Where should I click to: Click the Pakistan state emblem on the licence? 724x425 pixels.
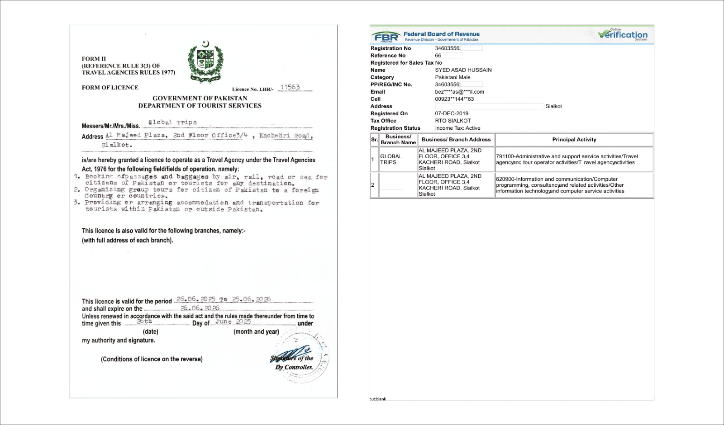(205, 62)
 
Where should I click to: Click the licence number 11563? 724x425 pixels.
(290, 87)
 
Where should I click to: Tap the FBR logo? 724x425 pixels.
(386, 37)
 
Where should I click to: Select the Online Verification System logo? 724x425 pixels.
(623, 34)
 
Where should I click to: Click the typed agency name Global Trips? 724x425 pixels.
(172, 123)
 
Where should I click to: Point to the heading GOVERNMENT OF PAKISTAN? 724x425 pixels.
(200, 98)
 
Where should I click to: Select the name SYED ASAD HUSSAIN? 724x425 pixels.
(463, 70)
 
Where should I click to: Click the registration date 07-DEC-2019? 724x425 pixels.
(452, 113)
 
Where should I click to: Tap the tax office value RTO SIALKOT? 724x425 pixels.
(452, 121)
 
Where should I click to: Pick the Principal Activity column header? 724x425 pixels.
(574, 140)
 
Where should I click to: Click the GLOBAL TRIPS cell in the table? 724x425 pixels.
(391, 159)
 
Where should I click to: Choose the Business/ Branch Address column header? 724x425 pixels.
(456, 140)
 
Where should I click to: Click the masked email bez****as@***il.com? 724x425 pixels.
(459, 92)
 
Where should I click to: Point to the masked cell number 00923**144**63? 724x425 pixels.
(454, 99)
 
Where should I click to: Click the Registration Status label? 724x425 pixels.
(395, 128)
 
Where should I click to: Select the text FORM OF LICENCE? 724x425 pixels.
(110, 88)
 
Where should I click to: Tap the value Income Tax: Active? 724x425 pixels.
(457, 128)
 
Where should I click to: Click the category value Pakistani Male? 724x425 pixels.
(452, 77)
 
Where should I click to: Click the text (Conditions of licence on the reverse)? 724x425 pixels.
(152, 359)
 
